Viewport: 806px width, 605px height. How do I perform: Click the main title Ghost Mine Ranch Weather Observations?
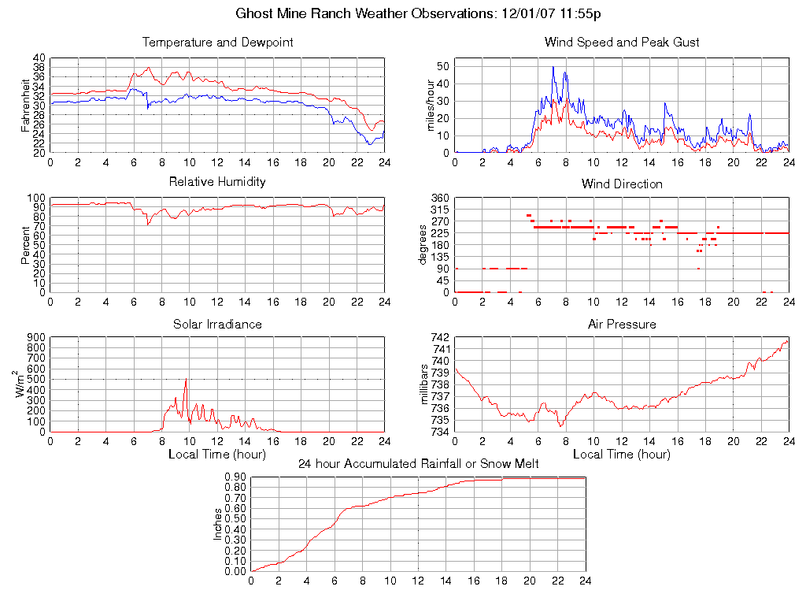420,14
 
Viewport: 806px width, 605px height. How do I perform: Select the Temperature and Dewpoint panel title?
217,43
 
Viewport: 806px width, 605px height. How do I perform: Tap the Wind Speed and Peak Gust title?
622,43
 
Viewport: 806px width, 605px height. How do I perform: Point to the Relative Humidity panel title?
217,182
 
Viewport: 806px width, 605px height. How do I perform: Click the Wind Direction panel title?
622,184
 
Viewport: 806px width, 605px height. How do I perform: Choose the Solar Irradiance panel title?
217,324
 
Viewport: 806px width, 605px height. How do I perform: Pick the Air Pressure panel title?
622,324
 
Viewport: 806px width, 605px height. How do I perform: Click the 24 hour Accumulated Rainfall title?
418,464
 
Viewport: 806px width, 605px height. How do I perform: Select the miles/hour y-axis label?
430,106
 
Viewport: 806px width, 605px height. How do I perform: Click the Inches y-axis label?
218,524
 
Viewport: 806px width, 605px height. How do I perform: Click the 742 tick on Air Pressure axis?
438,337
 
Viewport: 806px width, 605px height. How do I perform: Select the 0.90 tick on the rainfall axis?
235,477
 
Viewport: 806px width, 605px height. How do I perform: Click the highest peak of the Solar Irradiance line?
186,380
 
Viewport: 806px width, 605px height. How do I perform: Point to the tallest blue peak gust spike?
553,67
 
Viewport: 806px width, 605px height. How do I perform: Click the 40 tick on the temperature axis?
39,58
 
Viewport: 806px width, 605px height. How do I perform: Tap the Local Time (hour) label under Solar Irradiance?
217,455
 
